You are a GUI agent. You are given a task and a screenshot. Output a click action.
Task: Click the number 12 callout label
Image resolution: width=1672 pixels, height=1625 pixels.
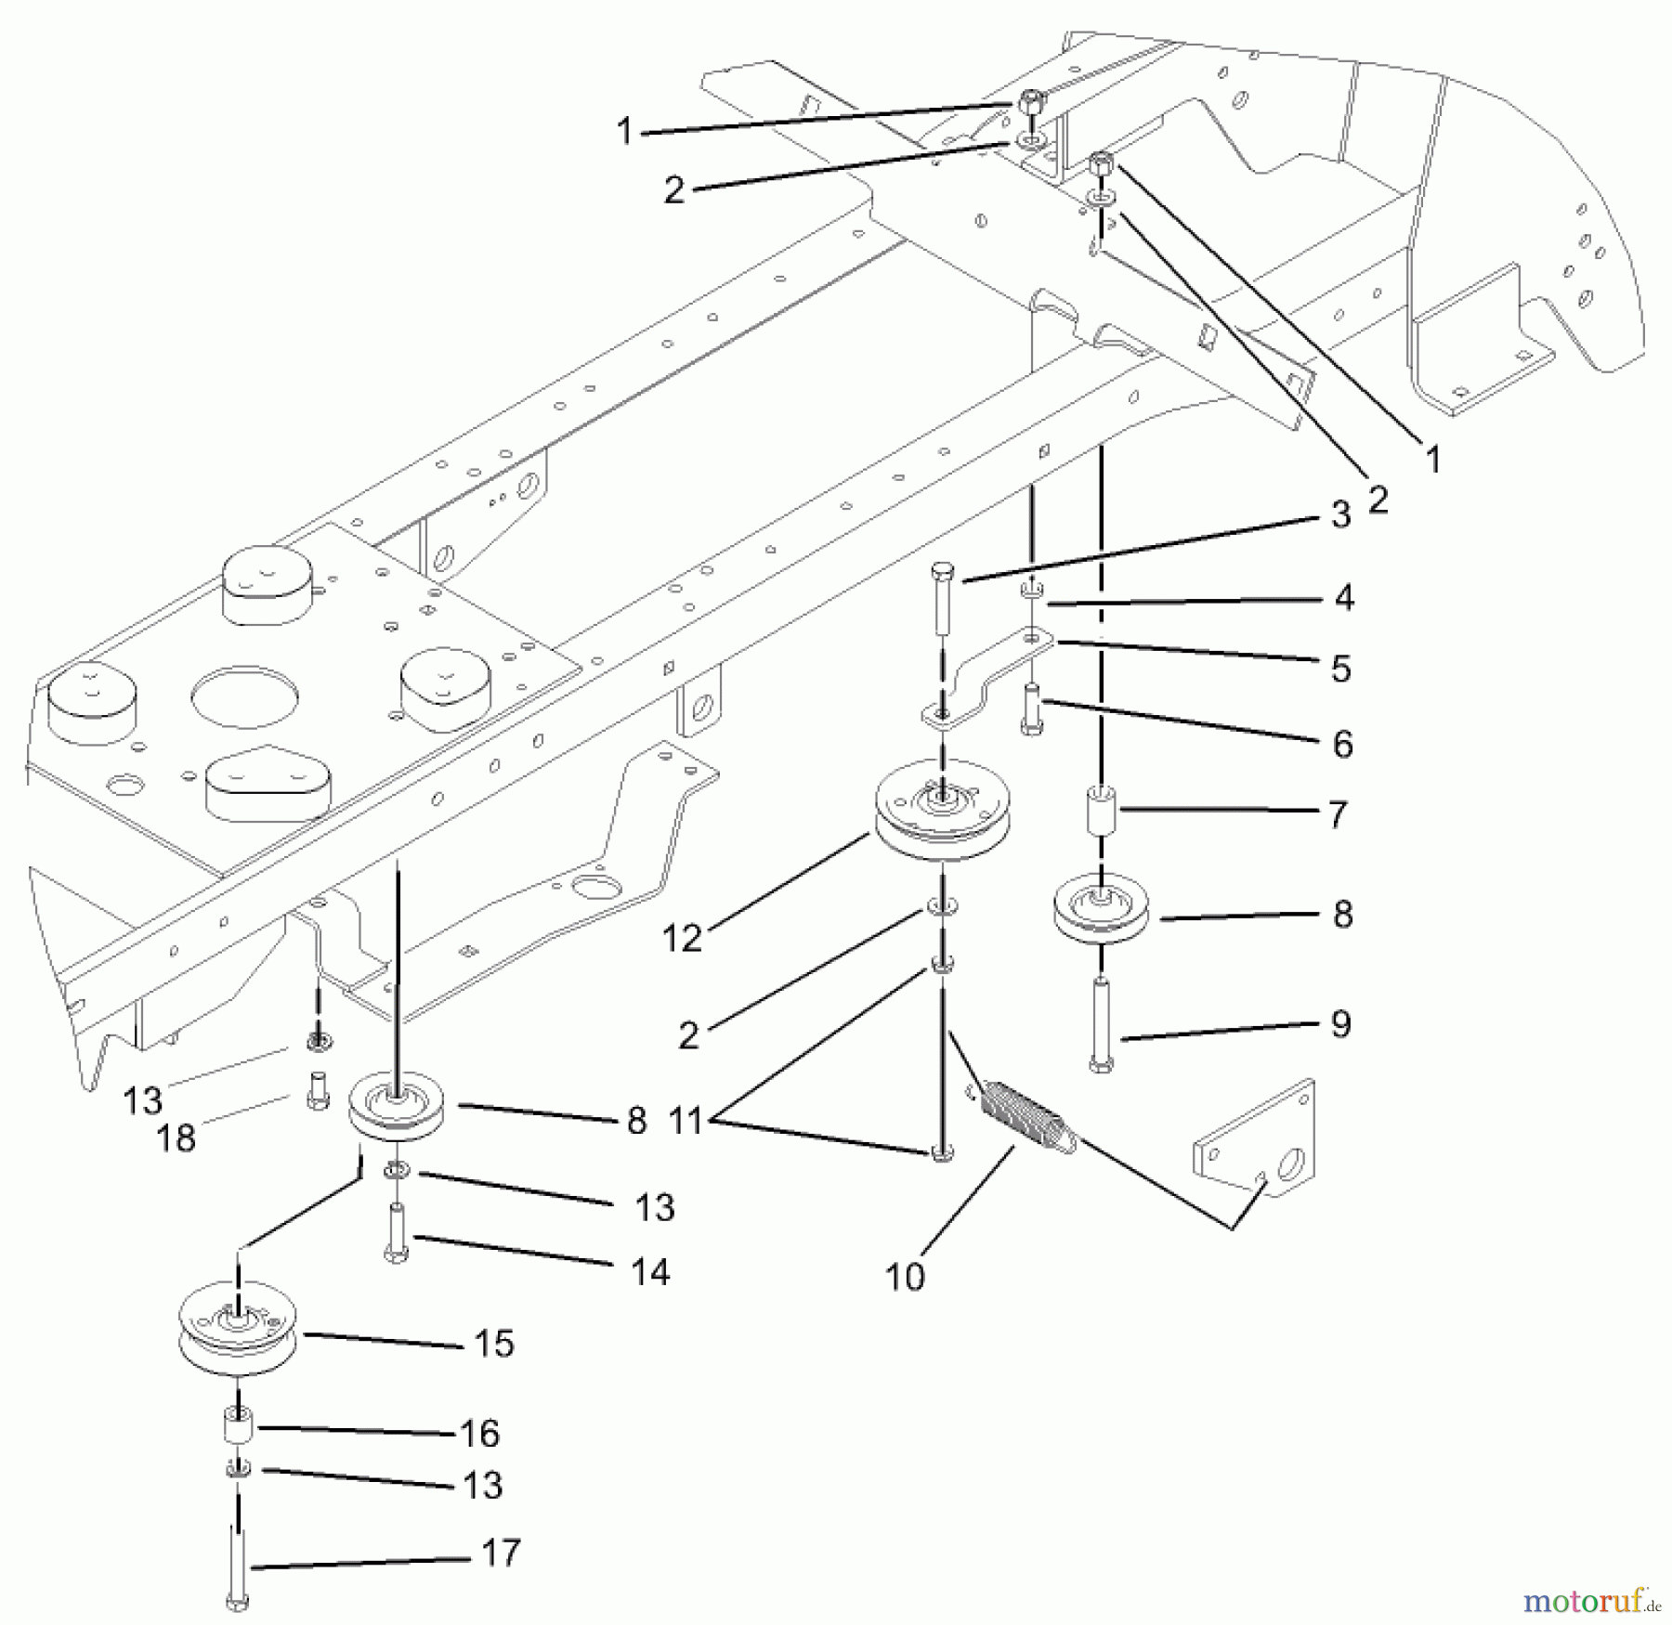pos(682,939)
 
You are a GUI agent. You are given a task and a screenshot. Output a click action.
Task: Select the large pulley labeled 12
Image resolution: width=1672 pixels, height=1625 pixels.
pos(943,812)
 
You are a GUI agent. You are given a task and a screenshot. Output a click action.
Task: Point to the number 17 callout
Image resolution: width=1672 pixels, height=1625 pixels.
pos(503,1553)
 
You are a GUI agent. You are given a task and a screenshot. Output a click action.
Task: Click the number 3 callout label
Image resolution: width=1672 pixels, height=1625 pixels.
pos(1340,514)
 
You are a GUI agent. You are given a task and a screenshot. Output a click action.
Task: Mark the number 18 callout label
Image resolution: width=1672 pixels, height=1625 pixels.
pos(176,1137)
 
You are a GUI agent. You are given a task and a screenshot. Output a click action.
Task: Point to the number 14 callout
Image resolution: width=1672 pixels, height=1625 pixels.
pos(650,1271)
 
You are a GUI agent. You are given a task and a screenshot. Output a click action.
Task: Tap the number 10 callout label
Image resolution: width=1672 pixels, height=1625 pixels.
pos(905,1278)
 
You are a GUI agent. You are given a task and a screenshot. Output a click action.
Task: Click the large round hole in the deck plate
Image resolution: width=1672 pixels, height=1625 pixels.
pos(244,695)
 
